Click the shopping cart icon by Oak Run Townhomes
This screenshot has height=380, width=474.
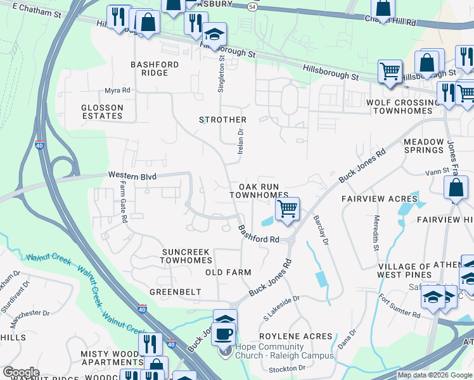point(288,208)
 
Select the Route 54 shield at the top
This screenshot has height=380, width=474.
point(252,6)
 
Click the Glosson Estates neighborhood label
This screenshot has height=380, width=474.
point(102,112)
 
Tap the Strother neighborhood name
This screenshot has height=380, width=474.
point(222,120)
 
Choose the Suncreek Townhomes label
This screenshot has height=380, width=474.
point(185,256)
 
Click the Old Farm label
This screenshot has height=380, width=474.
point(229,272)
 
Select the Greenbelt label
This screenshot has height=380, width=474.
point(175,292)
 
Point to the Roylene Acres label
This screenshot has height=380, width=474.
point(295,336)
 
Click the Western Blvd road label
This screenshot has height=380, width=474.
point(131,175)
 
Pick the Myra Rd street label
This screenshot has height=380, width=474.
point(117,91)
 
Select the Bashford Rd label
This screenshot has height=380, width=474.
point(259,234)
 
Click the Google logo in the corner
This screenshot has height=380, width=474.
point(21,372)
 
